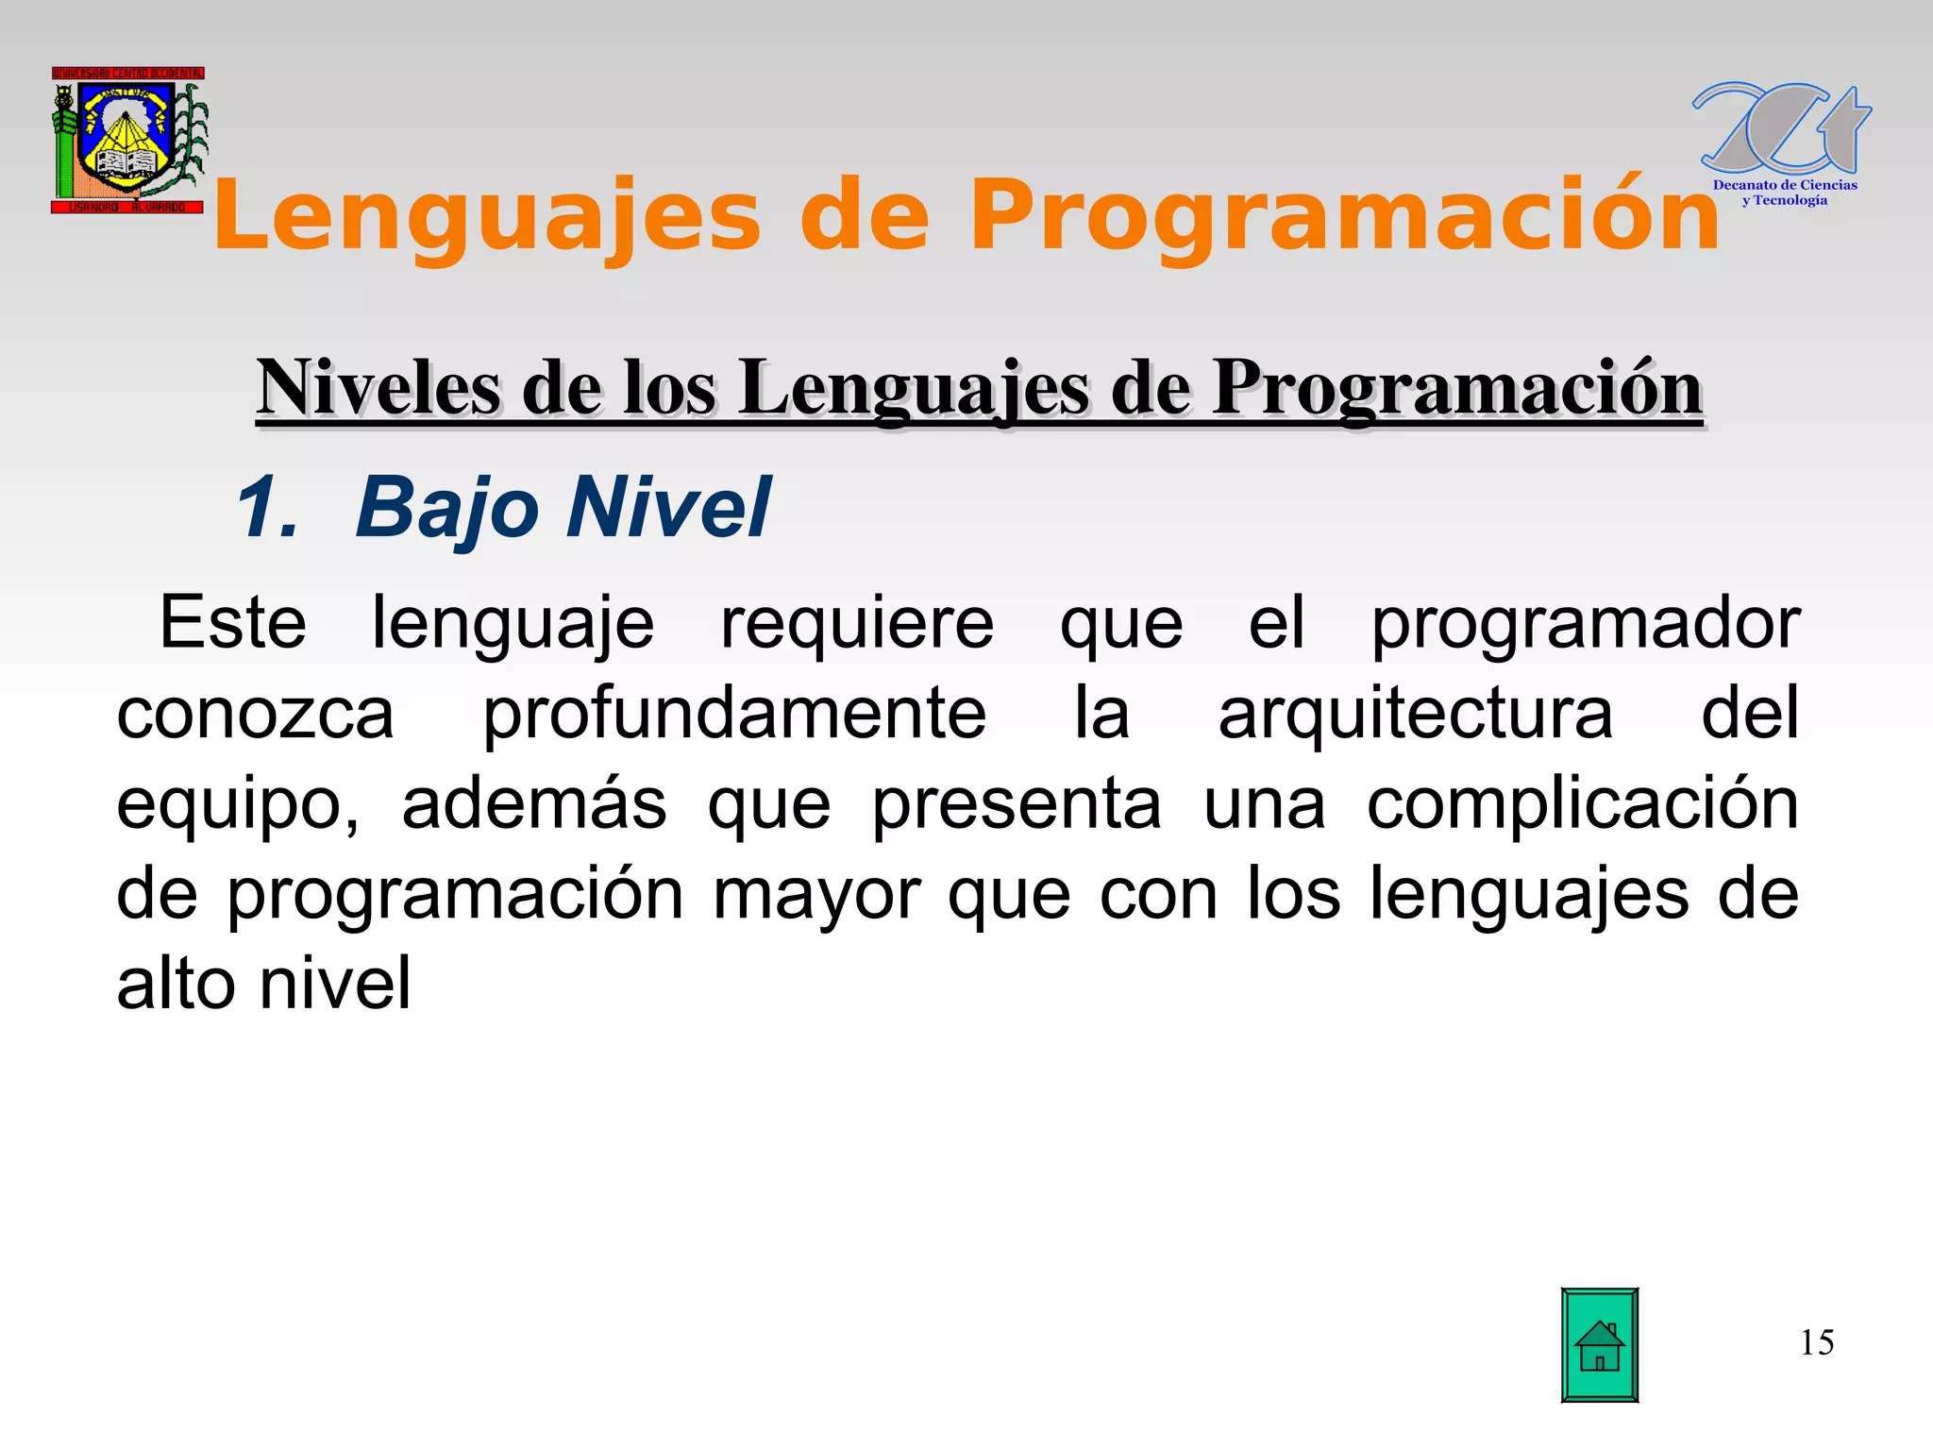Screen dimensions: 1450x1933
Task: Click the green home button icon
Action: click(x=1599, y=1344)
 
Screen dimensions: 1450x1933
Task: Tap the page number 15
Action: click(x=1817, y=1342)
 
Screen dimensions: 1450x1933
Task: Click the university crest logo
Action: click(x=128, y=141)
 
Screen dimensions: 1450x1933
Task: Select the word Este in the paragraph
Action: click(x=232, y=623)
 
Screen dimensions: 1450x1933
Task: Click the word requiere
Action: click(x=857, y=625)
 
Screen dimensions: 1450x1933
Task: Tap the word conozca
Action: click(x=255, y=715)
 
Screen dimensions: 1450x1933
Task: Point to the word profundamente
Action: click(x=734, y=715)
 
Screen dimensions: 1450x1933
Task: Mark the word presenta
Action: click(x=1017, y=804)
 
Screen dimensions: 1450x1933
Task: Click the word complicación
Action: click(x=1583, y=804)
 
